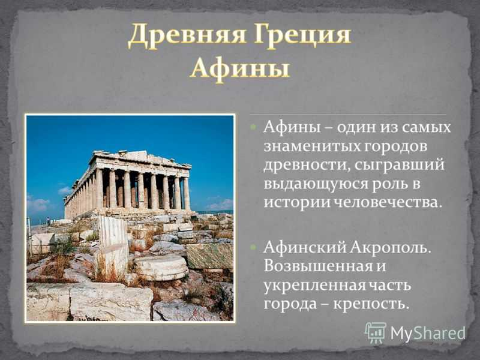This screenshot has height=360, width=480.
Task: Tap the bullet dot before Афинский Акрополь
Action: pyautogui.click(x=254, y=247)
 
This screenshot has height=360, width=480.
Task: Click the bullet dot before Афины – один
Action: pyautogui.click(x=254, y=127)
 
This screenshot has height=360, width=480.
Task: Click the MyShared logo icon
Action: pyautogui.click(x=376, y=332)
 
